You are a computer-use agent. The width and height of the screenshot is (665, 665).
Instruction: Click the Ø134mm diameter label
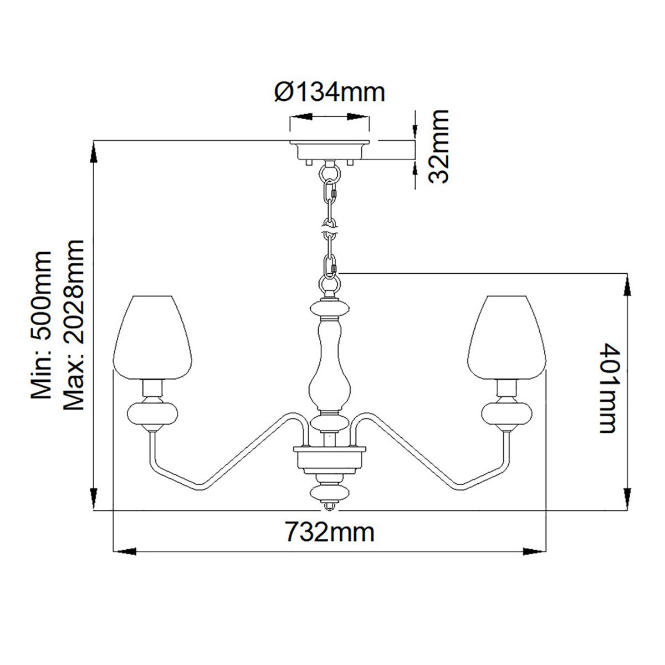pyautogui.click(x=330, y=92)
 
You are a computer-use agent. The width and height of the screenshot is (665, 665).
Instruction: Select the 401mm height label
pyautogui.click(x=610, y=388)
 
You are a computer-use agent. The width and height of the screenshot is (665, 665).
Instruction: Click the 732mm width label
pyautogui.click(x=330, y=533)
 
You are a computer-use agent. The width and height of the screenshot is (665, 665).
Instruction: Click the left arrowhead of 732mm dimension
pyautogui.click(x=125, y=551)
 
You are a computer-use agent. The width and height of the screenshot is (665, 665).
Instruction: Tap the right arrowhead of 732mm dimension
pyautogui.click(x=535, y=551)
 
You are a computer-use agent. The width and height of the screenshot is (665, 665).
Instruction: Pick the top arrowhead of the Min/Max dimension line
pyautogui.click(x=94, y=152)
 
